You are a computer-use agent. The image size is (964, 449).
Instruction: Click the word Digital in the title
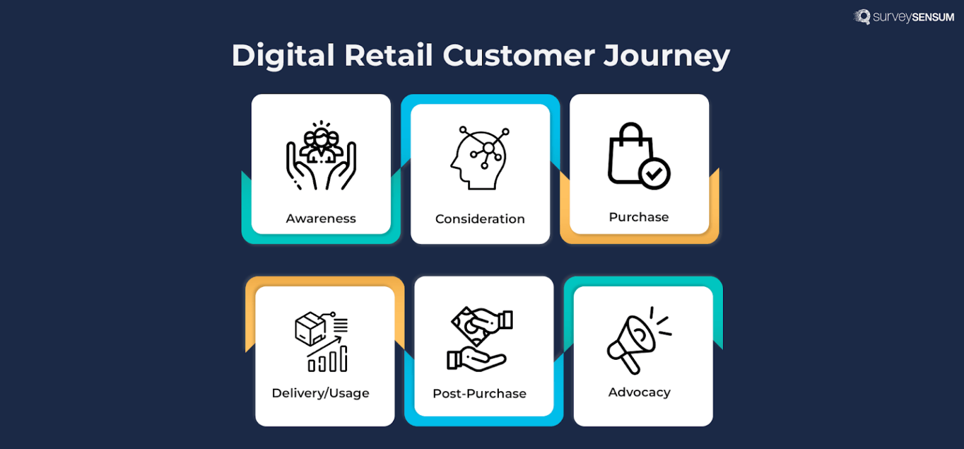point(283,55)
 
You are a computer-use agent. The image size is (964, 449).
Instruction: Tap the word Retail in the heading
point(388,55)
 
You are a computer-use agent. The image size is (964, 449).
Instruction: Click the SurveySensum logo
point(904,17)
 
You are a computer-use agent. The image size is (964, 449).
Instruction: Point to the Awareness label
point(321,219)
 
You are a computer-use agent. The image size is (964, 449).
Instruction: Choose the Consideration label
point(480,219)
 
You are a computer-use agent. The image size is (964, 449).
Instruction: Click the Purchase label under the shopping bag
point(639,217)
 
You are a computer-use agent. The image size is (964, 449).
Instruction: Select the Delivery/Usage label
point(321,393)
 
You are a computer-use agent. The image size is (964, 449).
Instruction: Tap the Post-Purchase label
point(479,394)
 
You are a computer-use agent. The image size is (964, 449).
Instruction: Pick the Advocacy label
point(640,392)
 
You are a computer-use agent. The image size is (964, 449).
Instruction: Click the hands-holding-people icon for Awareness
point(321,156)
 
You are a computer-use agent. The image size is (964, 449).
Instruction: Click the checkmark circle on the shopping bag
point(655,173)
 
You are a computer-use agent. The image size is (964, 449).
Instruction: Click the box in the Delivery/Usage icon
point(310,328)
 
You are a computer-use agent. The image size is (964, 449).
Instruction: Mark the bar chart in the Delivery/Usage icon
point(329,360)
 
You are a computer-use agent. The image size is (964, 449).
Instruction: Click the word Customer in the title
point(518,55)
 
